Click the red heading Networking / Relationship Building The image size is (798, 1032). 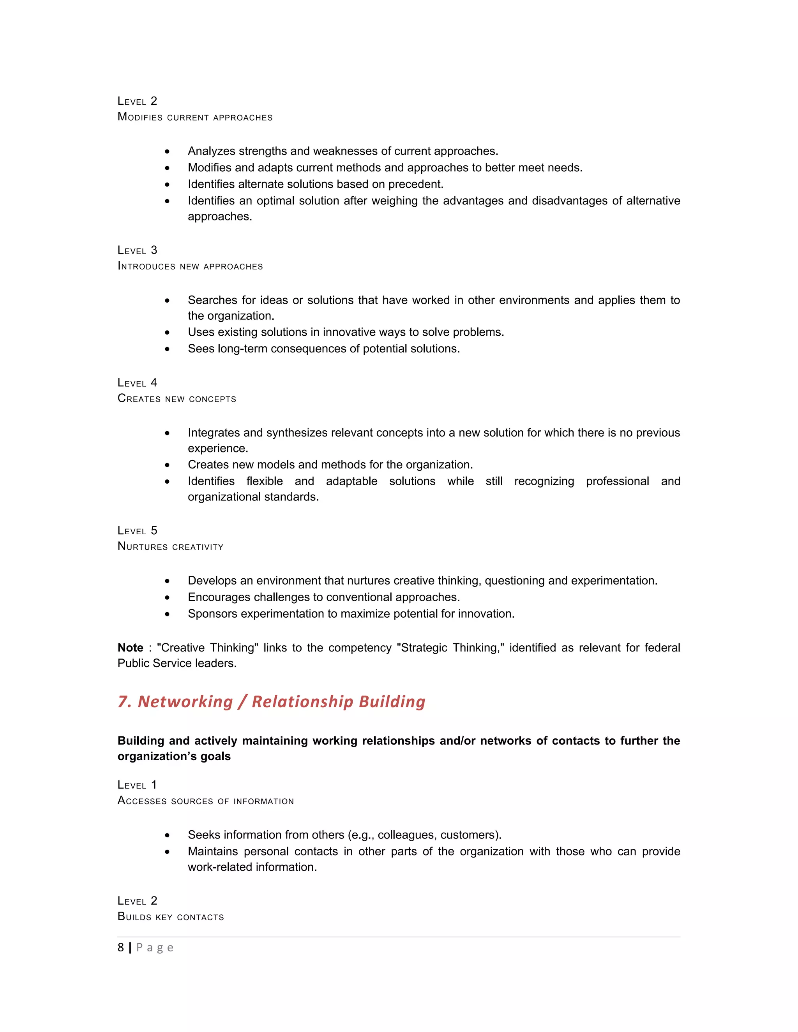pyautogui.click(x=271, y=702)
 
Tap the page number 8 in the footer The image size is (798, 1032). pyautogui.click(x=120, y=947)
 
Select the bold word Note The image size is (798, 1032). pyautogui.click(x=131, y=648)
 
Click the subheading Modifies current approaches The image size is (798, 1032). pyautogui.click(x=195, y=117)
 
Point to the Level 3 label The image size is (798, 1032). pyautogui.click(x=137, y=250)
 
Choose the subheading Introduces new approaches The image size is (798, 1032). pyautogui.click(x=190, y=266)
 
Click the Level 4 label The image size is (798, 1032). pyautogui.click(x=137, y=383)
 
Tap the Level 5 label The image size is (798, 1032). pyautogui.click(x=137, y=531)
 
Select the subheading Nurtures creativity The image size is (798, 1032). pyautogui.click(x=170, y=546)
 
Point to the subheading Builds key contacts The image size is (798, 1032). pyautogui.click(x=171, y=917)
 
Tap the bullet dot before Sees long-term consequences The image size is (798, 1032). pyautogui.click(x=167, y=349)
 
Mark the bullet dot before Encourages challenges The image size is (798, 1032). pyautogui.click(x=167, y=598)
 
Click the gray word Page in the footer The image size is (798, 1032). pyautogui.click(x=155, y=947)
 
